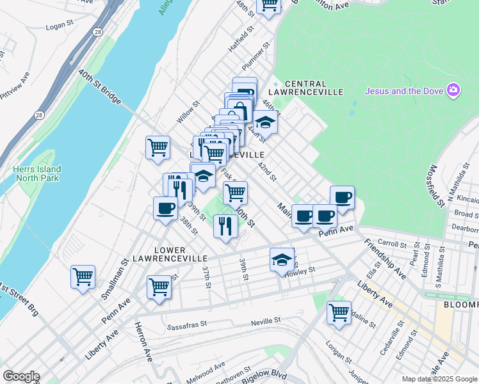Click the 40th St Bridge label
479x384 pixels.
point(100,87)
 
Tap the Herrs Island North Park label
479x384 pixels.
point(36,173)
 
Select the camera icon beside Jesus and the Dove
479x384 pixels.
point(453,90)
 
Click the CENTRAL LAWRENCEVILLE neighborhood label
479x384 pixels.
point(305,84)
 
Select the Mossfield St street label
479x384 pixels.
point(437,185)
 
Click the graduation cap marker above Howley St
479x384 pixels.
point(281,259)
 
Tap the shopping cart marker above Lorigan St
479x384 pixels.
point(339,313)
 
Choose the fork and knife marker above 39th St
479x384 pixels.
point(225,226)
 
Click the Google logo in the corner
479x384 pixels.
point(21,376)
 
